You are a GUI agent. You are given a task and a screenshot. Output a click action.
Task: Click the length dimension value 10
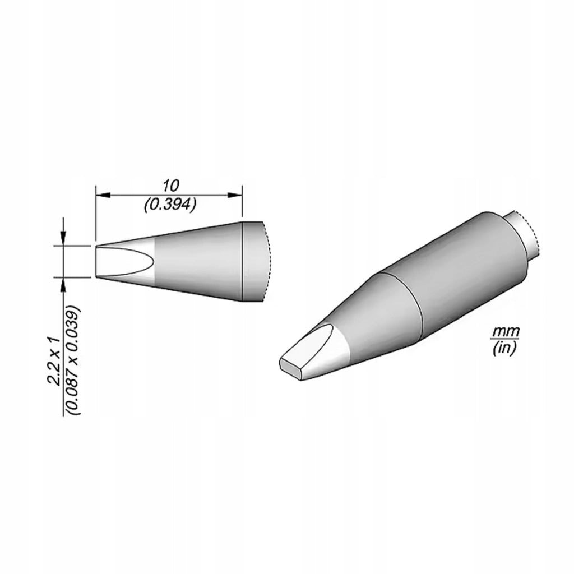click(170, 186)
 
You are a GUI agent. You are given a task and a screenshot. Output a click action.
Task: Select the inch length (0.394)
click(170, 205)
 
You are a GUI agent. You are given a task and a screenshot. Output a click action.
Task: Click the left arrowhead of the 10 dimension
click(103, 195)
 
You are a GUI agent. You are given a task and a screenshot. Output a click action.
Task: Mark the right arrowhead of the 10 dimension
click(235, 195)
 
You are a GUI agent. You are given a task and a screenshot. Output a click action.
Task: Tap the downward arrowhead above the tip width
click(64, 239)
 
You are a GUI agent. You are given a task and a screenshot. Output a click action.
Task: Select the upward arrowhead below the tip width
click(64, 284)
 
